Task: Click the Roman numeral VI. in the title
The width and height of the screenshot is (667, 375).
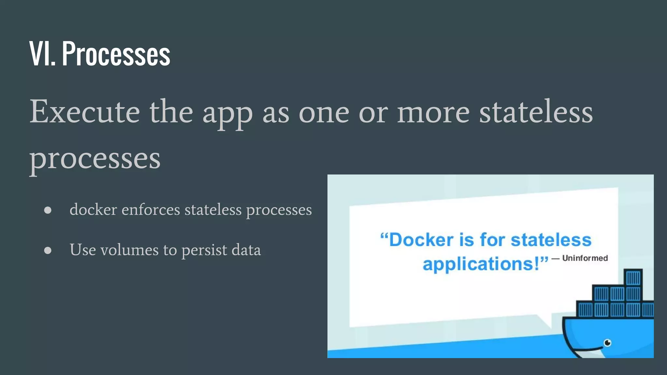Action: [42, 54]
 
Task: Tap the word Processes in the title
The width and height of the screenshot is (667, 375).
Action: [116, 54]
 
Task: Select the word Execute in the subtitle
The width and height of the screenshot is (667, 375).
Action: [85, 112]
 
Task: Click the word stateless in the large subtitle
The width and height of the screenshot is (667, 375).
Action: [536, 112]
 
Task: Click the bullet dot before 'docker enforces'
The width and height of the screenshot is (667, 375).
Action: [48, 210]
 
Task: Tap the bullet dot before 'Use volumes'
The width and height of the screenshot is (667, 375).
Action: [48, 250]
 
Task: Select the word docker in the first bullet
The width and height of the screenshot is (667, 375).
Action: [93, 210]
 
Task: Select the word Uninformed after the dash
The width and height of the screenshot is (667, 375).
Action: [585, 258]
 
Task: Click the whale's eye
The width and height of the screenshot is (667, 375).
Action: [607, 342]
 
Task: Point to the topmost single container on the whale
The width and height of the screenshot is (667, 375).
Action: [633, 278]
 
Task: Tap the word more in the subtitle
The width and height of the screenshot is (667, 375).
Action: [433, 112]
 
